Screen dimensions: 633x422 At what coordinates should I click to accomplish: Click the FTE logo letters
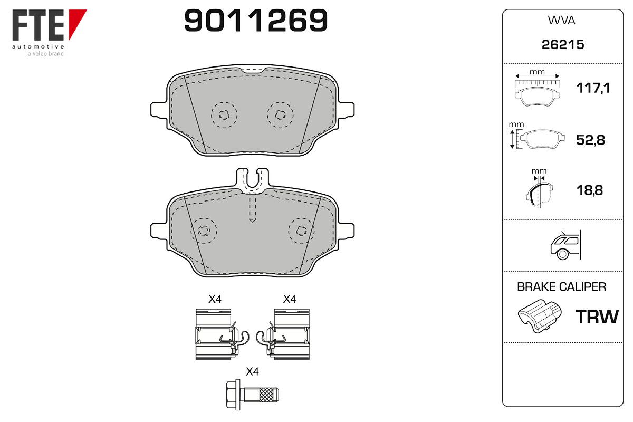pos(38,25)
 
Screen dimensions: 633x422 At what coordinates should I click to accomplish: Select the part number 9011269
pos(256,20)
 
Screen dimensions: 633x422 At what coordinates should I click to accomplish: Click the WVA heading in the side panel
pos(561,21)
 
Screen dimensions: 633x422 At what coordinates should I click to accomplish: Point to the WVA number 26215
pos(563,45)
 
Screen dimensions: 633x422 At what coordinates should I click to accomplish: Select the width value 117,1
pos(593,88)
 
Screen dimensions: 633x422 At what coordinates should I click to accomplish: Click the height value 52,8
pos(590,140)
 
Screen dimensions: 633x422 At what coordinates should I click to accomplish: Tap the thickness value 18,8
pos(590,190)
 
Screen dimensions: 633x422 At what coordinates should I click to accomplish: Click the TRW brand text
pos(597,316)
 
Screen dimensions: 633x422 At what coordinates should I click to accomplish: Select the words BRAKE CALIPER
pos(561,287)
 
